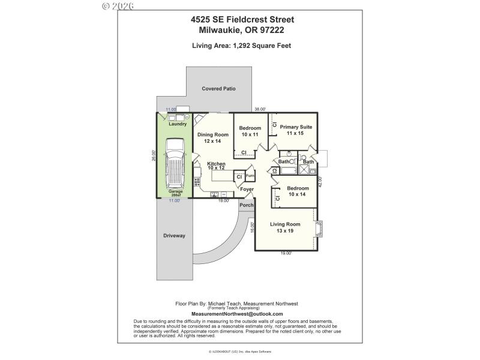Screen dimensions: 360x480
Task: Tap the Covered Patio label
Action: (x=218, y=89)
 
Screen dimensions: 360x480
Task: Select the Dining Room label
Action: (x=213, y=135)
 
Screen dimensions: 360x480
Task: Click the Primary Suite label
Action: (x=296, y=127)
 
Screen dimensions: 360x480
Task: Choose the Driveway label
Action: (x=174, y=235)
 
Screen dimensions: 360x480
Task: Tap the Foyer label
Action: (x=247, y=189)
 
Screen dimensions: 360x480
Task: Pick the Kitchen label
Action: (x=216, y=164)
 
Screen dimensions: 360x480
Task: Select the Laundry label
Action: (x=178, y=124)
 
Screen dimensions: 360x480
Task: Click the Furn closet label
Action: (x=250, y=176)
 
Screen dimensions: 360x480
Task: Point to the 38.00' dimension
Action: (x=260, y=109)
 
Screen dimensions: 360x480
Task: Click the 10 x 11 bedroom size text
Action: (x=250, y=135)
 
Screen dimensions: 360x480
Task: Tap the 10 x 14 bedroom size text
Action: (x=297, y=194)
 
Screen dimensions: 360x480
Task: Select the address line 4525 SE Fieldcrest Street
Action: (x=242, y=19)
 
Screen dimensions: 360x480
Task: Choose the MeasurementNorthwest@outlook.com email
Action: (x=236, y=314)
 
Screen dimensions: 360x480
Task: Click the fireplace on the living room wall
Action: (x=320, y=229)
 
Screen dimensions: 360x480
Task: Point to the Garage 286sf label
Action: (x=175, y=194)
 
